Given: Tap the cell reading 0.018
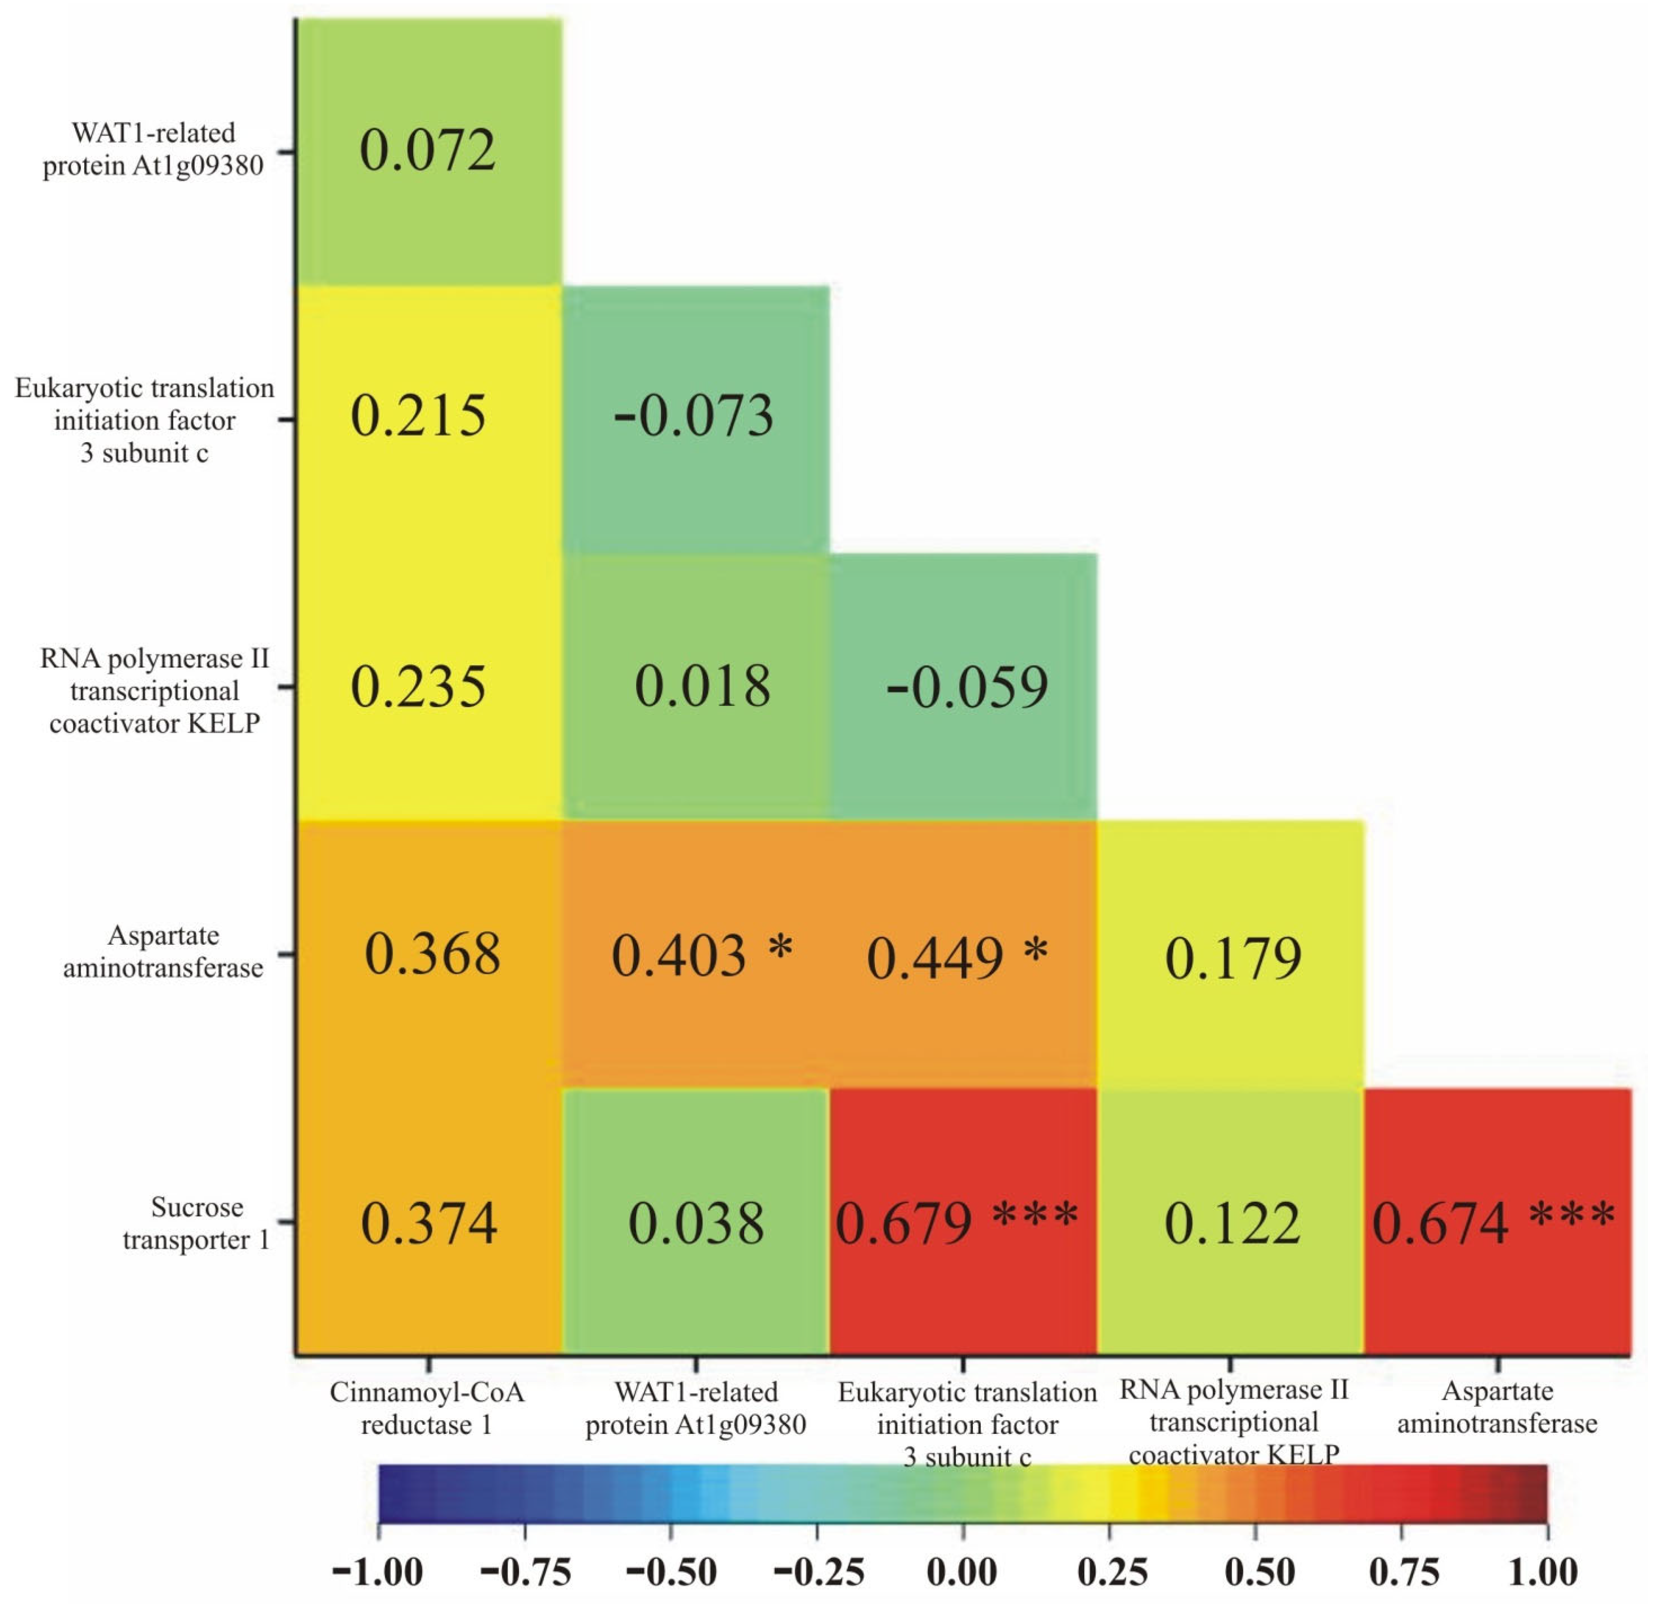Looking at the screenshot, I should coord(702,686).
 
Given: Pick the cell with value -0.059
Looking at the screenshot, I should coord(967,687).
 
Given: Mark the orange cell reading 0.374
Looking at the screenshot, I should coord(428,1223).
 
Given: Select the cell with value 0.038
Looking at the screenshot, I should coord(696,1223).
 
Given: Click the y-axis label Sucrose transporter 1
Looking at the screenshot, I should coord(196,1223).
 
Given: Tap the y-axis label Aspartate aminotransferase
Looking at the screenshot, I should coord(163,952).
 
